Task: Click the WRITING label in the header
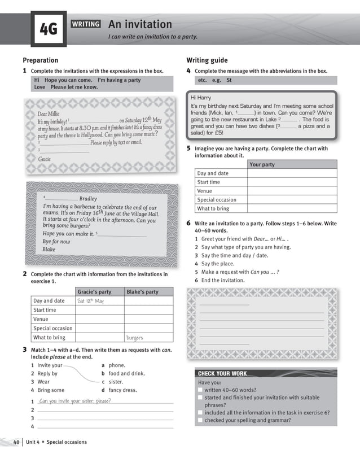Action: [x=86, y=24]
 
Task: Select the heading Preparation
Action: [x=40, y=60]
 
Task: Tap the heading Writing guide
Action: [x=207, y=60]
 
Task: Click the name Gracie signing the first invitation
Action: [x=44, y=159]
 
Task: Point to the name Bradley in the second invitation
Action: [x=88, y=199]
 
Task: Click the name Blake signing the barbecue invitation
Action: [x=49, y=249]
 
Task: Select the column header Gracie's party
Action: [x=94, y=292]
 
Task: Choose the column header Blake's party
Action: [x=142, y=292]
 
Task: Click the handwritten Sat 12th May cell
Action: [x=90, y=301]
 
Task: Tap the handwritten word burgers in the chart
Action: [x=134, y=338]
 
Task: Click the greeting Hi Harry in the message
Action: [x=200, y=98]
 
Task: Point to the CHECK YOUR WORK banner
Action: [x=222, y=373]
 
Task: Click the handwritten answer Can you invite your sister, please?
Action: [x=75, y=401]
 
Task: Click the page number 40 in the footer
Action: [x=16, y=442]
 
